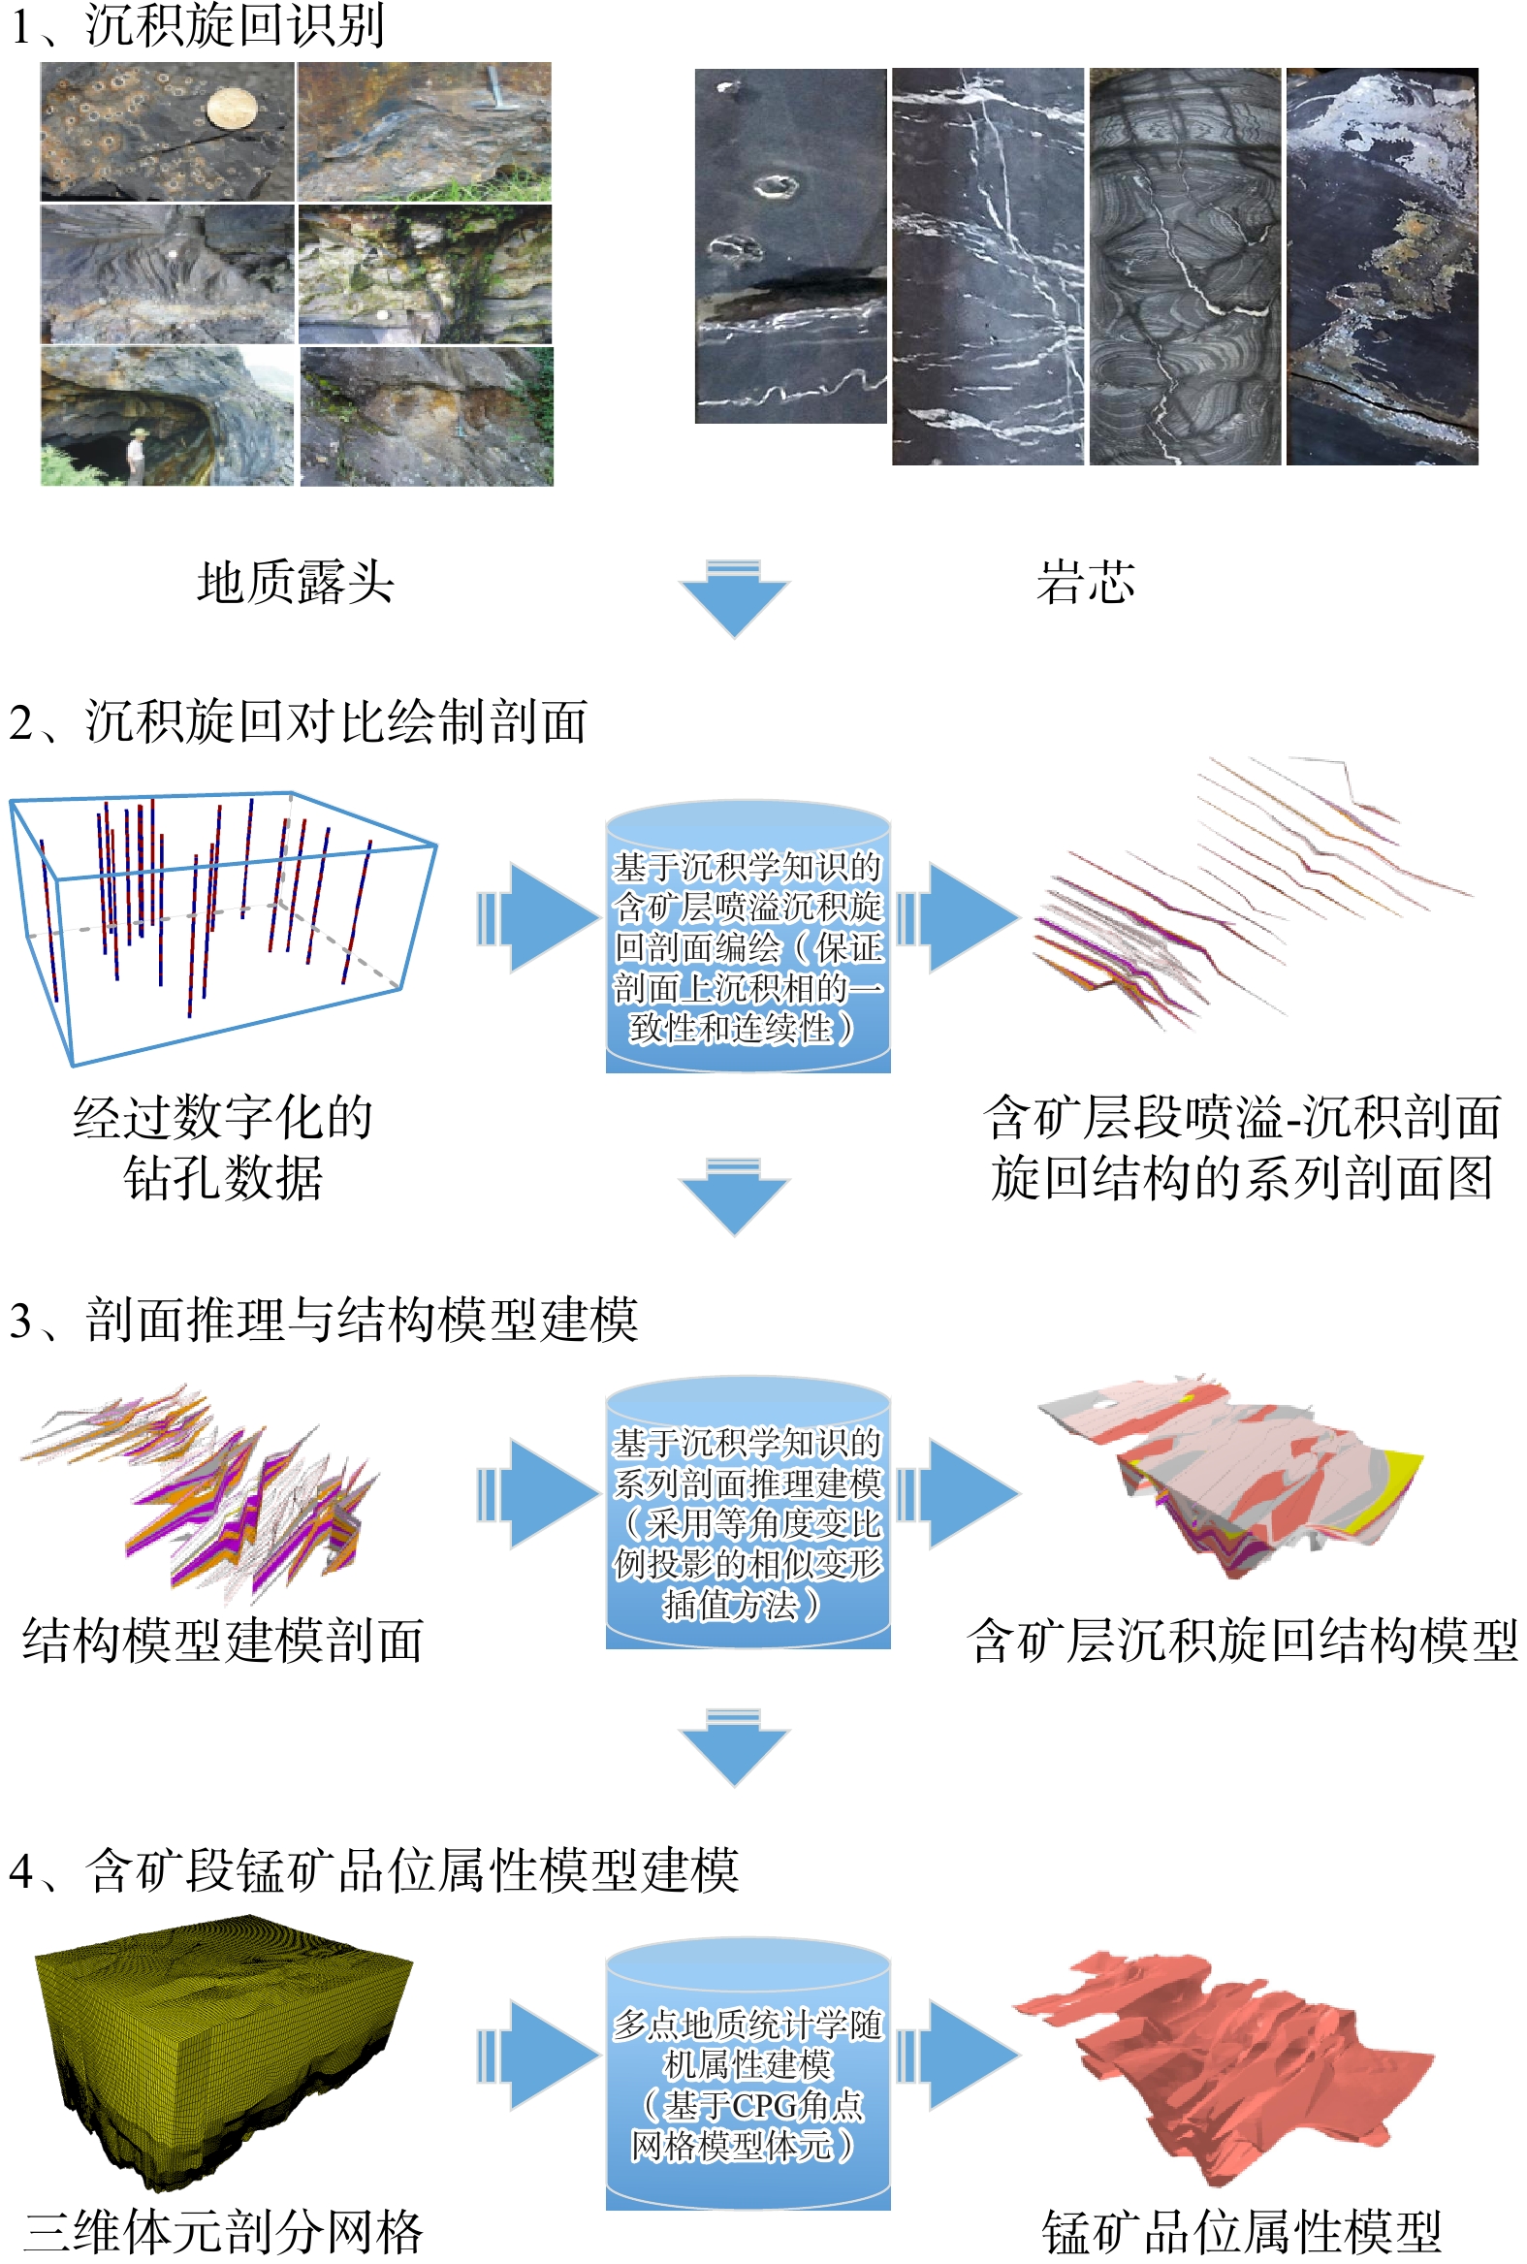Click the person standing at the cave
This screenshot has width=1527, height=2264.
click(x=137, y=456)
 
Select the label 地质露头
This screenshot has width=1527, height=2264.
click(x=295, y=583)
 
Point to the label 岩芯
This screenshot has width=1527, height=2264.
click(x=1085, y=583)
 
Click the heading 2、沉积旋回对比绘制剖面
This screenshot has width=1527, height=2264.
click(x=298, y=722)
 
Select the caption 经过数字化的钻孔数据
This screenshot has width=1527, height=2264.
click(x=223, y=1147)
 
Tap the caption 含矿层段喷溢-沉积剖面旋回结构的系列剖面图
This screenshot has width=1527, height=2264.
click(x=1242, y=1147)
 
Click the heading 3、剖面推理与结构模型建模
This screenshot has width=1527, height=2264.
click(x=323, y=1321)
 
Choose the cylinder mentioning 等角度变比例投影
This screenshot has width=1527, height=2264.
click(x=747, y=1515)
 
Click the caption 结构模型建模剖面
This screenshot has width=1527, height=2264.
click(x=223, y=1640)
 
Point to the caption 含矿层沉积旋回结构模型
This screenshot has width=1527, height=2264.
click(x=1242, y=1640)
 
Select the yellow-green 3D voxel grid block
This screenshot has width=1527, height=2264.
click(x=219, y=2035)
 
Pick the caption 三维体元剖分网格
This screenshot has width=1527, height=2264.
click(x=223, y=2232)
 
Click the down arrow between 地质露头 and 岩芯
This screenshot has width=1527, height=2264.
click(x=733, y=596)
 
